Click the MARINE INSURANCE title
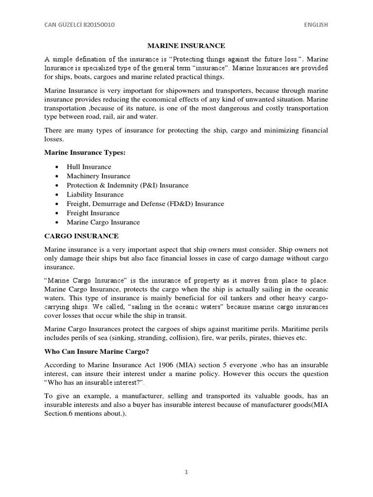coord(186,46)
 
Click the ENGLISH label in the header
coord(316,24)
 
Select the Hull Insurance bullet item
coord(89,166)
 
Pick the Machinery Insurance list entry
coord(99,176)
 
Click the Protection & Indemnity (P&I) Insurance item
coord(128,185)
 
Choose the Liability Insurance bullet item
coord(95,195)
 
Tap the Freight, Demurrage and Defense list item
coord(145,204)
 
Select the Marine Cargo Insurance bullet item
coord(103,222)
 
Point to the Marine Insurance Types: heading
coord(85,153)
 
